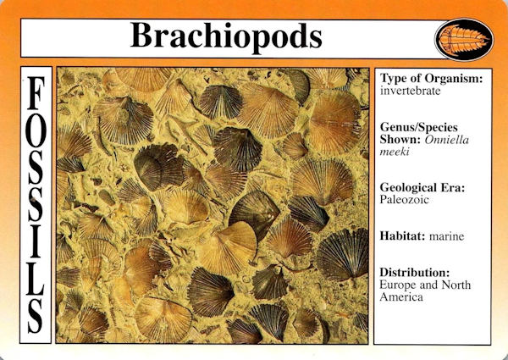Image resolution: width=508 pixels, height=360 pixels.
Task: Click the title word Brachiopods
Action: tap(226, 36)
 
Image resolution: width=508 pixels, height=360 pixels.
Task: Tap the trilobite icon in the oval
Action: tap(465, 40)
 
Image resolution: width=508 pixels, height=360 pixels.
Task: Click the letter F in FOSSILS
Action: tap(36, 93)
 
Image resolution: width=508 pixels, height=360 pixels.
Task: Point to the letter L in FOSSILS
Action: tap(36, 278)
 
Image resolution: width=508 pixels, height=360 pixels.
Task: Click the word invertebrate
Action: tap(410, 91)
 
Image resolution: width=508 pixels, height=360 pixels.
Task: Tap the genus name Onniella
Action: tap(447, 140)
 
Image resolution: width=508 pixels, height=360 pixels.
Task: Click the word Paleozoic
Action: tap(404, 200)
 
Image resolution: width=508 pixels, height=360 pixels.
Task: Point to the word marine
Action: tap(446, 236)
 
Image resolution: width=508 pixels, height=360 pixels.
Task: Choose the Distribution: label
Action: tap(415, 272)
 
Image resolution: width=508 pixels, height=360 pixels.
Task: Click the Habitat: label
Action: tap(402, 235)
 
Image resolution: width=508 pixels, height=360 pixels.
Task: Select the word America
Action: tap(401, 297)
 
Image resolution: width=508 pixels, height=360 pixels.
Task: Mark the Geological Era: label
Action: tap(422, 187)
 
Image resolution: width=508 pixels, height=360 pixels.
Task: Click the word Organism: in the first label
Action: tap(454, 79)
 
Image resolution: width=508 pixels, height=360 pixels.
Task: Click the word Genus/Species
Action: tap(419, 127)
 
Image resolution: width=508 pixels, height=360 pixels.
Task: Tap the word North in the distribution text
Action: tap(456, 285)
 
